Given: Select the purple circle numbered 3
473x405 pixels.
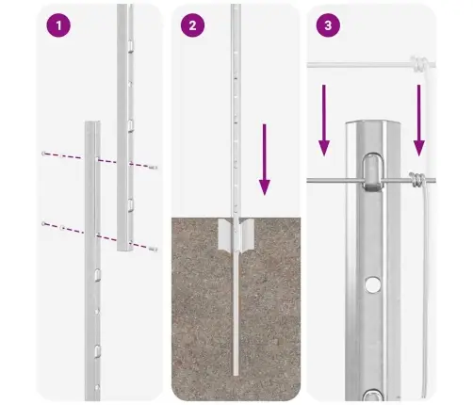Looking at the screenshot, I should click(327, 25).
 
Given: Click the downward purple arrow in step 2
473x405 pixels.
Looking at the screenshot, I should click(265, 166).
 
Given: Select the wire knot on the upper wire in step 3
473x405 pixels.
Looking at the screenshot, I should click(418, 65).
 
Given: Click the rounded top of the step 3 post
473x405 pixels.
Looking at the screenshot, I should click(373, 129).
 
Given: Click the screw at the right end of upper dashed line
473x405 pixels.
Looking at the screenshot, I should click(154, 167).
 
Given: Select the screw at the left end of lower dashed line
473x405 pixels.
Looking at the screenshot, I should click(43, 223).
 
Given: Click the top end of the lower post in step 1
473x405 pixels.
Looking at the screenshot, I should click(91, 122).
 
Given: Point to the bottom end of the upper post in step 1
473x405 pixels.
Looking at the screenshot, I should click(124, 250).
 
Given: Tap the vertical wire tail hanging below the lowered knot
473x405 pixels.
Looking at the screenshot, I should click(426, 283).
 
